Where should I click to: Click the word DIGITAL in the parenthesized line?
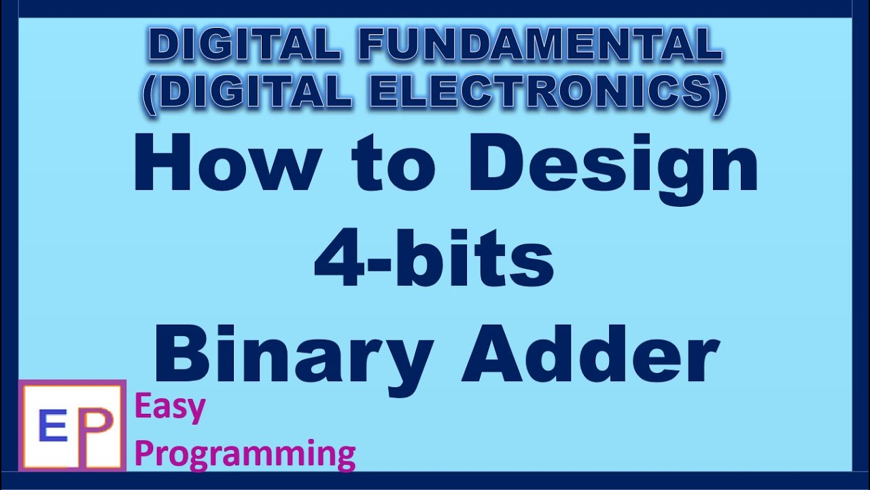(x=255, y=92)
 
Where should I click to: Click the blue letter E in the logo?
(x=53, y=427)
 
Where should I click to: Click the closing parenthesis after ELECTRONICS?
(x=719, y=92)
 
